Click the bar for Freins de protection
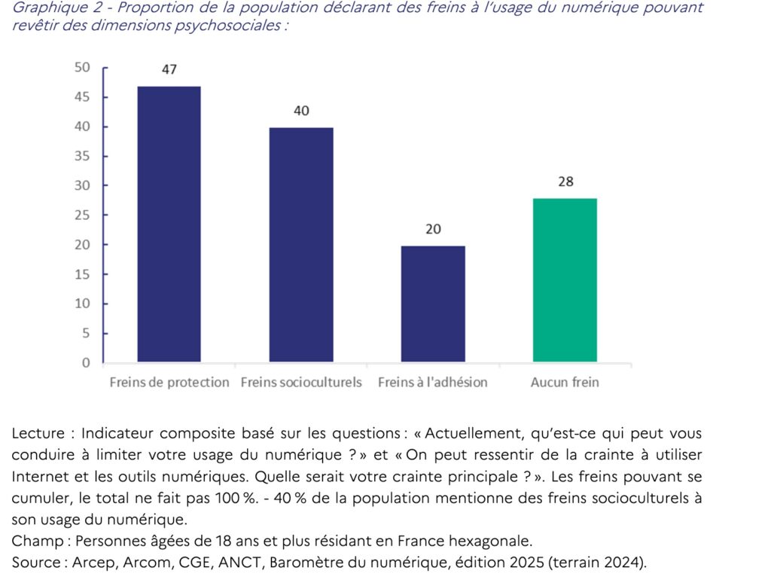coord(169,224)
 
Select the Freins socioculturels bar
coord(301,245)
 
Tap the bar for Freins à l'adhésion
coord(433,304)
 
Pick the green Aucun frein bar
coord(565,279)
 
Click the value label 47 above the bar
coord(169,69)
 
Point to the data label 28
coord(565,182)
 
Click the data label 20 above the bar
coord(433,229)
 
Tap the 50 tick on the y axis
coord(82,67)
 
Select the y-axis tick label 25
coord(82,215)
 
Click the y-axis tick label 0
coord(86,362)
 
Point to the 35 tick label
coord(82,156)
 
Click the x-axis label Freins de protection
coord(169,383)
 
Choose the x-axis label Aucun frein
coord(565,383)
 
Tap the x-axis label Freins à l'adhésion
coord(433,383)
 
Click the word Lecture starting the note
coord(38,434)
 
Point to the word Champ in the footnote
coord(35,541)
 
